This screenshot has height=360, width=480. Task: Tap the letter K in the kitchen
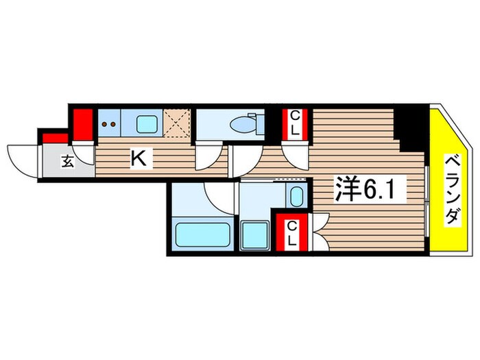pos(138,160)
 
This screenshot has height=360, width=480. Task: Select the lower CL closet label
pos(291,233)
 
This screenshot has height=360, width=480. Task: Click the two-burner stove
pos(108,125)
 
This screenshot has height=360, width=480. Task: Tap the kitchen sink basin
pos(147,124)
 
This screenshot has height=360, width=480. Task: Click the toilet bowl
pos(243,124)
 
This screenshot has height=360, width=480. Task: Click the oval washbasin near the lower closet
pos(296,197)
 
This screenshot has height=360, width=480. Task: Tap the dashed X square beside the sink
pos(178,124)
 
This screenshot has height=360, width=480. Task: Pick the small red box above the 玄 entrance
pos(51,138)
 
